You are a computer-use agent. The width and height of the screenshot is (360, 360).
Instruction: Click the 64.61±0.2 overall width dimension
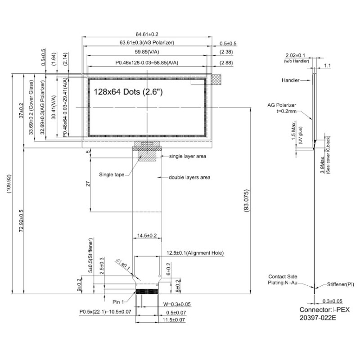coord(147,34)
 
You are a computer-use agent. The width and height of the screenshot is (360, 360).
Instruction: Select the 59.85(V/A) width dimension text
coord(147,52)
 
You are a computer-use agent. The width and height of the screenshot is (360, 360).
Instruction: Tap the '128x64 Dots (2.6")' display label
coord(128,92)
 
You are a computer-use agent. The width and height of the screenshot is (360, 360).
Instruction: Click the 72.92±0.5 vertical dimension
coord(21,220)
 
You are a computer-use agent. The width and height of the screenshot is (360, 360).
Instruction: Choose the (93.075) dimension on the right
coord(246,201)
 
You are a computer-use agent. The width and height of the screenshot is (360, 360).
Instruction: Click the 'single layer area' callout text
coord(188,156)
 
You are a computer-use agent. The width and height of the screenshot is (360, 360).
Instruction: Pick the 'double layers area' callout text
coord(189,177)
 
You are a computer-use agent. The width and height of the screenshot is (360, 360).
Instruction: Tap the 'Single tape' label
coord(112,175)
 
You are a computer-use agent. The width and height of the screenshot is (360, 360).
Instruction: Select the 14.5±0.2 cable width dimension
coord(147,235)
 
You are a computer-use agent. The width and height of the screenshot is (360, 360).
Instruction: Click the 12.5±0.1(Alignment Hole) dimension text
coord(195,253)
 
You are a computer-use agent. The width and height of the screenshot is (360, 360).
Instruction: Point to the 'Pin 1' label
coord(118,302)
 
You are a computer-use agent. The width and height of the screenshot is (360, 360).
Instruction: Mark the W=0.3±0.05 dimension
coord(177,304)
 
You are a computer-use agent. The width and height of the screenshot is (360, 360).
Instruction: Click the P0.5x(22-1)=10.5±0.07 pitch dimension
coord(105,311)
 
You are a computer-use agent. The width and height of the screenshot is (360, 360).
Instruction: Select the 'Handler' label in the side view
coord(290,80)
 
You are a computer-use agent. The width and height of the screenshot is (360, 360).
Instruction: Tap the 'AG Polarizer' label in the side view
coord(282,105)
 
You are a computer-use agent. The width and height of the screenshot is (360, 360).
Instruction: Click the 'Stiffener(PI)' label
coord(341,284)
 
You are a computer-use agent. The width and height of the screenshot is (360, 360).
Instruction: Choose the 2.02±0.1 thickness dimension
coord(295,55)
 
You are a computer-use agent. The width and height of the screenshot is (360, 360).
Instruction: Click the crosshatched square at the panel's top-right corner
coord(216,80)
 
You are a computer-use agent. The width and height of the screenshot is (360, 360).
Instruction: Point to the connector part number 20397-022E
coord(318,318)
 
